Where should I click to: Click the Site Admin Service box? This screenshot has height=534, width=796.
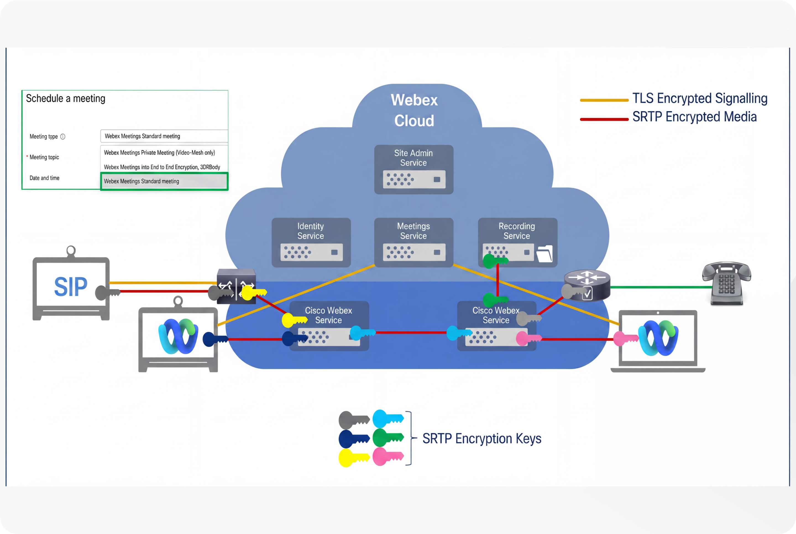(x=414, y=170)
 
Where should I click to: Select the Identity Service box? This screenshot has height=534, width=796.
(x=311, y=242)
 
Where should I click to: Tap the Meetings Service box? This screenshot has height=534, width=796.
(x=414, y=242)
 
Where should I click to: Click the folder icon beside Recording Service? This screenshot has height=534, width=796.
(x=544, y=254)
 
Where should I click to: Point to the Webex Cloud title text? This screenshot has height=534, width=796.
(x=414, y=110)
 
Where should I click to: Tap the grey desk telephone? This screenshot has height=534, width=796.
(x=727, y=283)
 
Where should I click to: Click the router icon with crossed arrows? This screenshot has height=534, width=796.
(x=587, y=285)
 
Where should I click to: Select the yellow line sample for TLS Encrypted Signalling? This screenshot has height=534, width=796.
(x=604, y=100)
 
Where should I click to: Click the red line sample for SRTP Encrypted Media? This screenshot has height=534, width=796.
(x=604, y=119)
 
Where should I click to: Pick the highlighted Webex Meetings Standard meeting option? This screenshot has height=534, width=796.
(x=164, y=181)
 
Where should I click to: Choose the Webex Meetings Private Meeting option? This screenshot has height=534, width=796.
(x=159, y=152)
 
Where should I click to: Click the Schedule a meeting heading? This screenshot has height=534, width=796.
(x=66, y=98)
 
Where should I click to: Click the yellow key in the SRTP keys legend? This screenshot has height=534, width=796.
(x=354, y=458)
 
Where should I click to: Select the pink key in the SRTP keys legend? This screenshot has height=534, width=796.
(x=388, y=456)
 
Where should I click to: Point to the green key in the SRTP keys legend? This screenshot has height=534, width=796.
(x=388, y=438)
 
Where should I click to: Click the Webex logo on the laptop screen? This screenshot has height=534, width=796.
(x=658, y=338)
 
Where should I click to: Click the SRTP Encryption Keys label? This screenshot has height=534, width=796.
(x=482, y=439)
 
